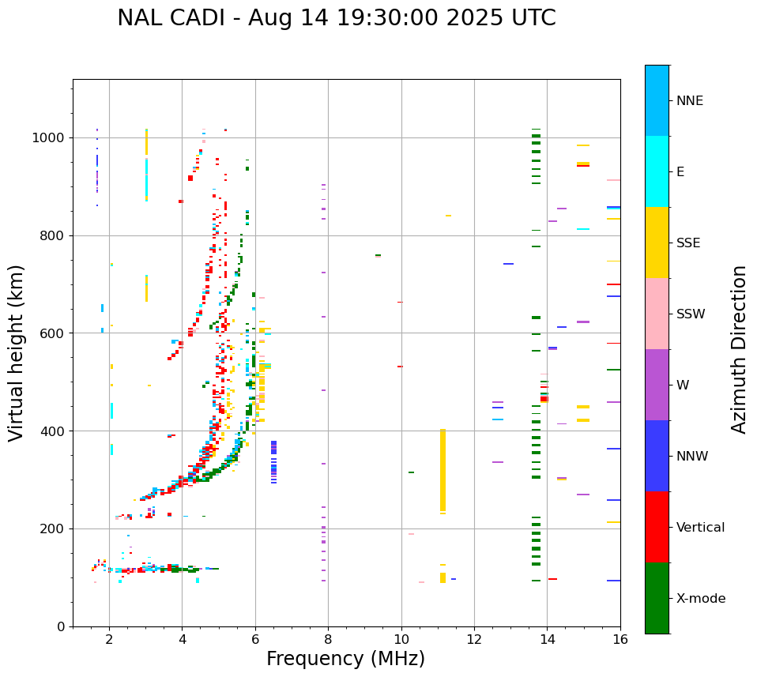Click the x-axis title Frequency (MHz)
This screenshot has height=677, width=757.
[345, 659]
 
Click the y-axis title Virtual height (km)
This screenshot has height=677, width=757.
[17, 353]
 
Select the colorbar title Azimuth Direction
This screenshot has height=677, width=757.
[739, 349]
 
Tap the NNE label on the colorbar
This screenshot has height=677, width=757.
[689, 101]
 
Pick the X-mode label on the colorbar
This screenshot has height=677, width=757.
[700, 599]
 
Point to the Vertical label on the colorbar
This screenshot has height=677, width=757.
[700, 528]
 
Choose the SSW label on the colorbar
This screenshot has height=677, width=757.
[691, 314]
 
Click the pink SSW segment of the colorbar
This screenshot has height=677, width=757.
[657, 314]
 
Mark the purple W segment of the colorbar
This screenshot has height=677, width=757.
[657, 385]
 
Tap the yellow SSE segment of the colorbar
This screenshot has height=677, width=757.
[657, 243]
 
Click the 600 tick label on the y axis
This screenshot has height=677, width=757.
[55, 333]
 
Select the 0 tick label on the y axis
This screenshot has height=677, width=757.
[62, 626]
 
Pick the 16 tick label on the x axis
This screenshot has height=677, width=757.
[620, 640]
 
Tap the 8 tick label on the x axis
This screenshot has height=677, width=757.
[328, 640]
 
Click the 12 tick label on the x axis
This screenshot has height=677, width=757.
[474, 640]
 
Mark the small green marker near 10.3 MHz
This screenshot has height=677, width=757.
[411, 472]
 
